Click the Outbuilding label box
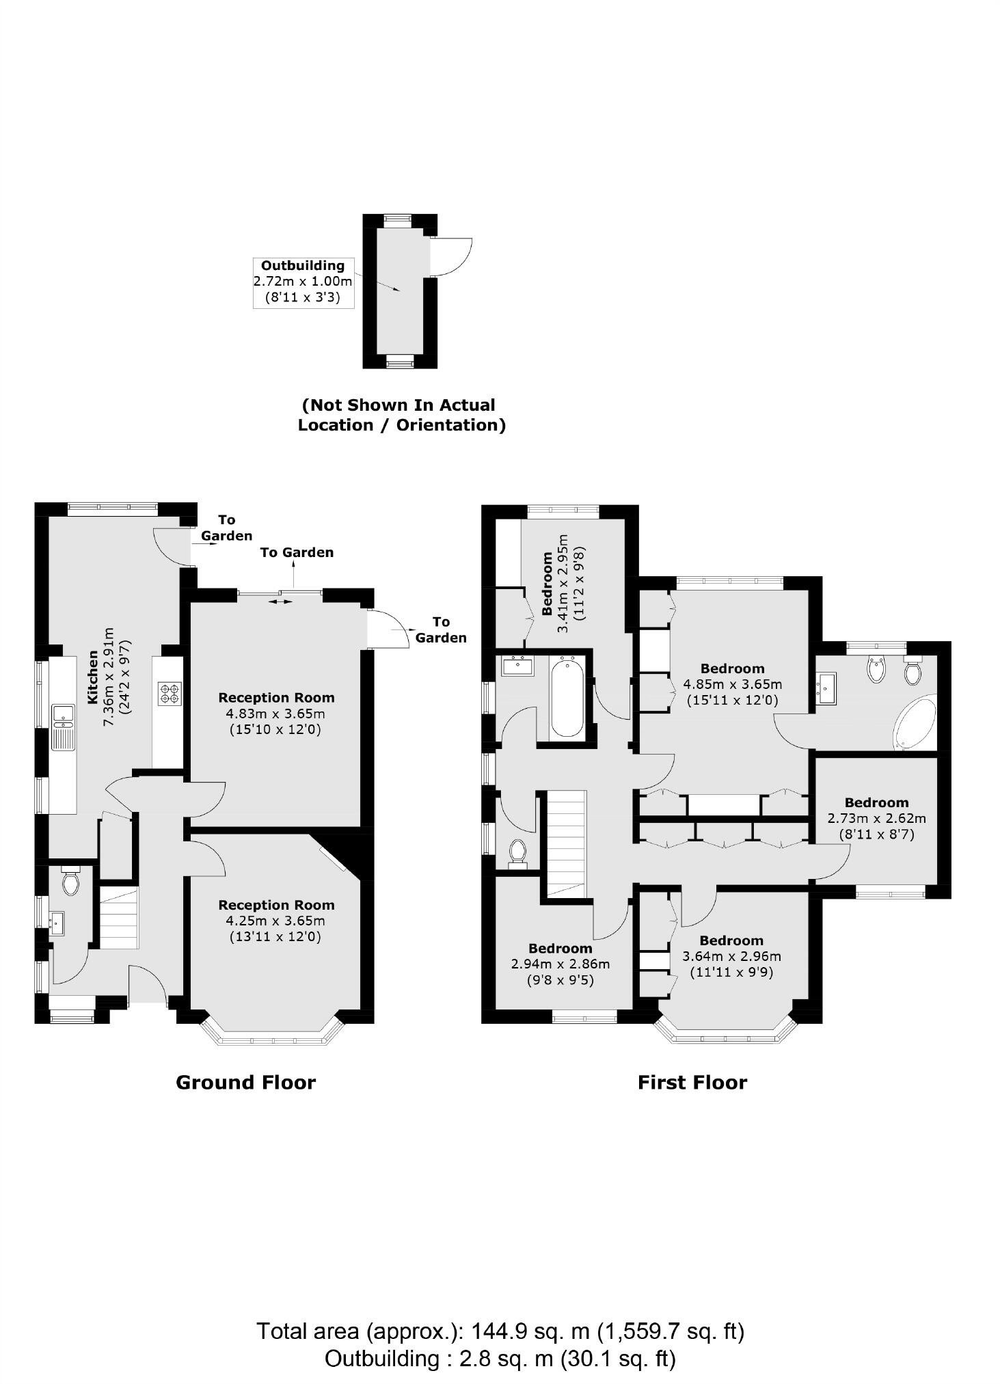click(x=303, y=282)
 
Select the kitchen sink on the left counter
click(x=63, y=715)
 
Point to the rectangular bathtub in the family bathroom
click(x=567, y=696)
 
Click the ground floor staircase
click(x=120, y=917)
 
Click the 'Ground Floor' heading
click(x=246, y=1083)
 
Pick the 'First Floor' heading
click(x=692, y=1083)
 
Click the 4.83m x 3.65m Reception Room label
click(x=276, y=713)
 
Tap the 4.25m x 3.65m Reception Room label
click(x=276, y=920)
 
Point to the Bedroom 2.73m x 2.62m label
click(x=876, y=818)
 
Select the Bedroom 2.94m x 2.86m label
click(x=560, y=964)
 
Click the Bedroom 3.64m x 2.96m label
click(x=731, y=956)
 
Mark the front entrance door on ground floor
click(x=148, y=984)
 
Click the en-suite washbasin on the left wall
click(x=826, y=688)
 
